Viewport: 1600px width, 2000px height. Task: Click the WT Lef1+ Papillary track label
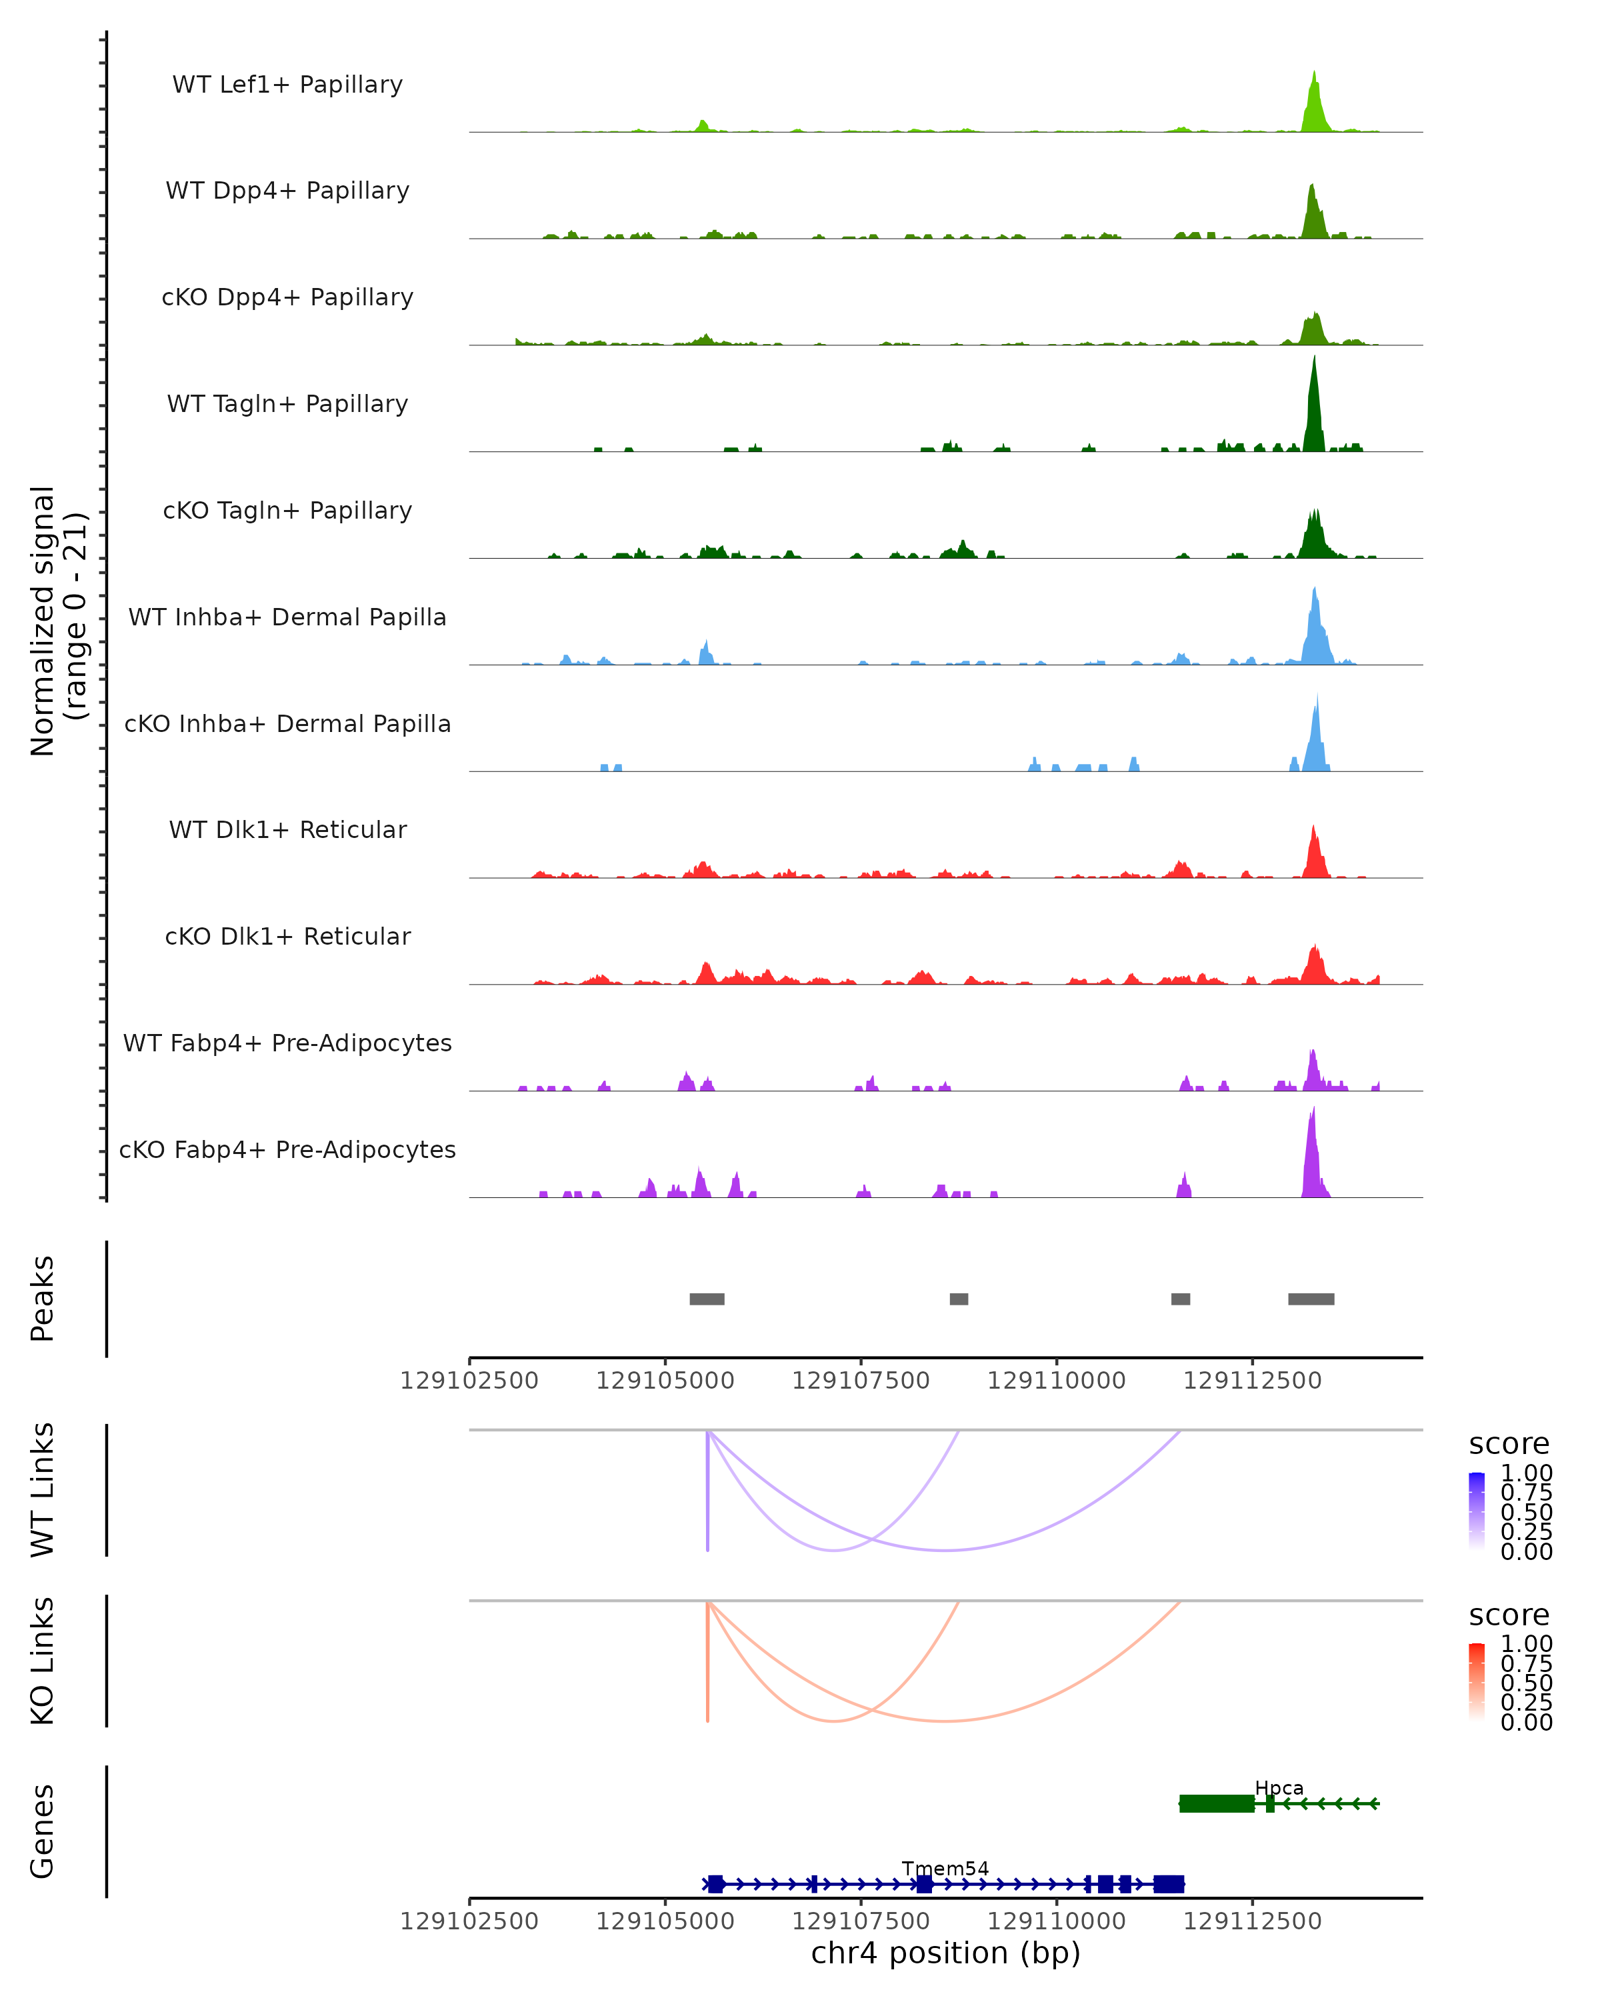[x=287, y=85]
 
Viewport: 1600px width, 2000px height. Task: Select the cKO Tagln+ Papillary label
[x=287, y=510]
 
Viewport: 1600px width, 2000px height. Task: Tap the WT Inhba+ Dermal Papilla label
[x=287, y=617]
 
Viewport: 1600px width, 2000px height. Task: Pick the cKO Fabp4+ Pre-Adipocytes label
[x=287, y=1149]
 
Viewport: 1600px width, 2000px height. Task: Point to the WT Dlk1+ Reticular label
[x=287, y=829]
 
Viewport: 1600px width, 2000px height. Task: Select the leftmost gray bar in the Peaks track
[x=707, y=1299]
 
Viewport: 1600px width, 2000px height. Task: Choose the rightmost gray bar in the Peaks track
[x=1311, y=1299]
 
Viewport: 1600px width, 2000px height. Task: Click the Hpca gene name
[x=1279, y=1787]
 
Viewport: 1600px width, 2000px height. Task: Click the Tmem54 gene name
[x=945, y=1868]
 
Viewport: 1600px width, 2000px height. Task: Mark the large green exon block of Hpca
[x=1217, y=1803]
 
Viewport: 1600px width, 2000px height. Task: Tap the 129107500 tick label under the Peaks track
[x=861, y=1381]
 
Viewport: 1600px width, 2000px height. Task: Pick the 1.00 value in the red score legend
[x=1527, y=1643]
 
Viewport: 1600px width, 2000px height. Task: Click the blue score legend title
[x=1509, y=1443]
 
